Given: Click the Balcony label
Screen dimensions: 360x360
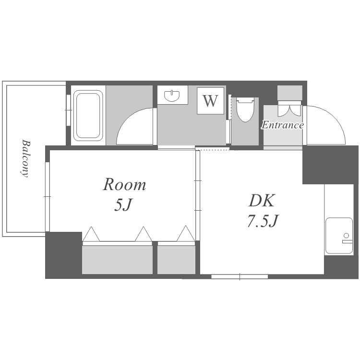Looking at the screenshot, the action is [x=25, y=158].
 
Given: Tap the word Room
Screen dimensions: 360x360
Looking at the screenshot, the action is [x=124, y=184].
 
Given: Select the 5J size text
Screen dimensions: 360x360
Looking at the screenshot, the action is [x=123, y=204].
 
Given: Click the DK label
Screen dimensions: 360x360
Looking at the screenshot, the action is [x=262, y=201].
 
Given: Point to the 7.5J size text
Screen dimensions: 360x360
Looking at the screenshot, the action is [x=263, y=221].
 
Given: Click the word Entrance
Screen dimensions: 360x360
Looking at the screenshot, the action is [x=283, y=125].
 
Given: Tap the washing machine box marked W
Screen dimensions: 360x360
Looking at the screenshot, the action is [x=210, y=101].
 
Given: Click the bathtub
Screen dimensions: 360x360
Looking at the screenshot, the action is [x=88, y=116].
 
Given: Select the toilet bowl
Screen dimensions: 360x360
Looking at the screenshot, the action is [x=245, y=110].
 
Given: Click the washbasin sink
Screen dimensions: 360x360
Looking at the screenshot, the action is [x=172, y=96].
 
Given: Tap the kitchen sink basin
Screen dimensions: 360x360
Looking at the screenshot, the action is [x=339, y=236].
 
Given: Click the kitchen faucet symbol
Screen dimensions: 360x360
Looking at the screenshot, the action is [x=347, y=238].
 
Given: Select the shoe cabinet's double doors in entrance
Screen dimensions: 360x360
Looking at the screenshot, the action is [x=289, y=111].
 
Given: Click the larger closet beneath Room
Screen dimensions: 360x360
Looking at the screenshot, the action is [x=117, y=260].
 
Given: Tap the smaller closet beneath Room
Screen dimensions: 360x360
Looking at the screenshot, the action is [x=176, y=260].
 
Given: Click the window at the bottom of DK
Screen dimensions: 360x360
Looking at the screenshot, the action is [x=240, y=276].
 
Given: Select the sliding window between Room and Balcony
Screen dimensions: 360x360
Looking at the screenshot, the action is [x=48, y=197].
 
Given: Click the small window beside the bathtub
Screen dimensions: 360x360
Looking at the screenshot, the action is [x=68, y=110].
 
